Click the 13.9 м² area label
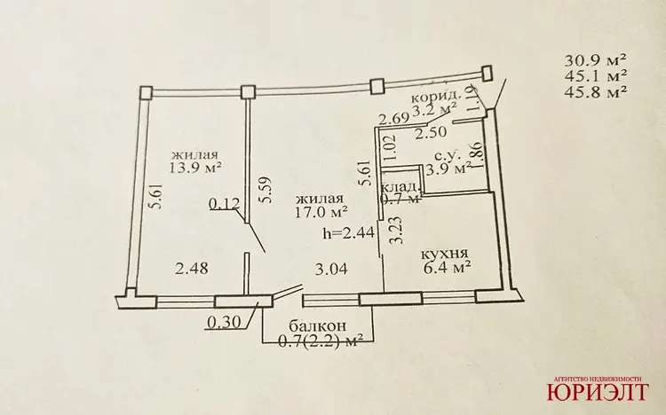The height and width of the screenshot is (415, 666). (196, 168)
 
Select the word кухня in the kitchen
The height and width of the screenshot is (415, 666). (444, 254)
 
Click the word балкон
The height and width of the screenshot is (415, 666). (317, 326)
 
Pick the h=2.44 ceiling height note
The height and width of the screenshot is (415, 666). (348, 232)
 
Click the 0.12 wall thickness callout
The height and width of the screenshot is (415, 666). (225, 204)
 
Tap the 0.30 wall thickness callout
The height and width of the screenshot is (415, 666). (223, 323)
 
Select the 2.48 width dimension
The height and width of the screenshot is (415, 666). (192, 269)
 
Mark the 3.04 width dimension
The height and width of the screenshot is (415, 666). (331, 269)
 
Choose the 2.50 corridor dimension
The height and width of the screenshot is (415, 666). (431, 132)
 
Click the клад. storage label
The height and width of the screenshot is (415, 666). (401, 187)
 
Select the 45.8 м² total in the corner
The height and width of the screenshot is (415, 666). (596, 92)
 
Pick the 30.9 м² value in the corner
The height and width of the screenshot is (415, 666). (596, 60)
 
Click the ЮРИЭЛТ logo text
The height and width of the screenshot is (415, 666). (598, 391)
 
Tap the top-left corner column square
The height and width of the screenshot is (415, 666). (146, 93)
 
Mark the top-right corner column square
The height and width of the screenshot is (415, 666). (488, 73)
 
